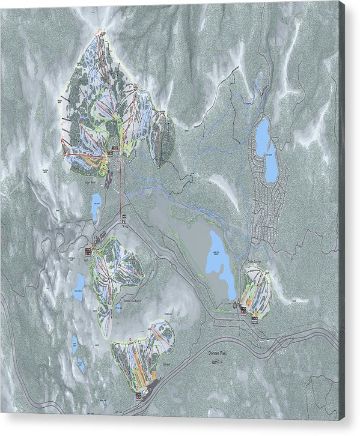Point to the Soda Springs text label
pyautogui.click(x=255, y=262)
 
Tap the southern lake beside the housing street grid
pyautogui.click(x=271, y=163)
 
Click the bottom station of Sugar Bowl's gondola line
pyautogui.click(x=123, y=216)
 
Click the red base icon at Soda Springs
pyautogui.click(x=242, y=310)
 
